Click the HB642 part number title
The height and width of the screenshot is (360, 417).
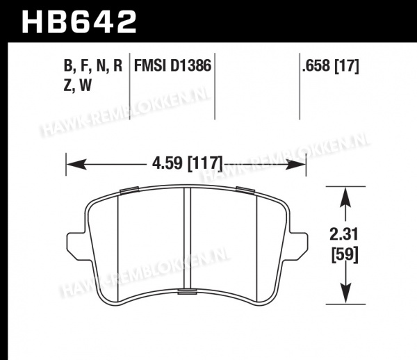point(79,22)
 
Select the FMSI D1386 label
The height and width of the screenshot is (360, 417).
point(172,65)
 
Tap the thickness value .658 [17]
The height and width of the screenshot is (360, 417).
point(331,65)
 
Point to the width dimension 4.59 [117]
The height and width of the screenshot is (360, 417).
point(187,163)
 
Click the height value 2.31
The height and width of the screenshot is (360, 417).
point(344,234)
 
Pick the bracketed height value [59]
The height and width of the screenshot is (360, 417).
point(345,254)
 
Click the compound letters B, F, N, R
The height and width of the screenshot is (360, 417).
point(93,65)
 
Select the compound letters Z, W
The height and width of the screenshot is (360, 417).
point(78,85)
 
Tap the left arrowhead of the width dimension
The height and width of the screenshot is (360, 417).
point(76,164)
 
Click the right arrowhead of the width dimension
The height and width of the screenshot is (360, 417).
point(296,165)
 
